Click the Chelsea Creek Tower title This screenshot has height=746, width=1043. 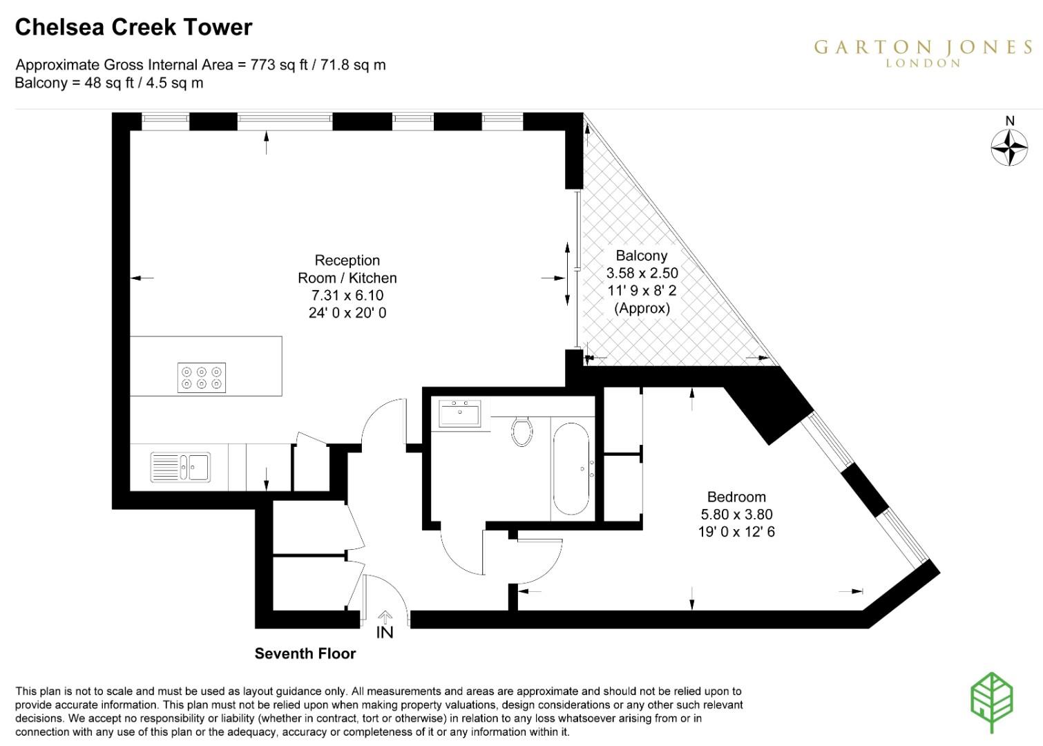pyautogui.click(x=133, y=27)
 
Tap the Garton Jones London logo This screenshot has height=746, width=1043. pyautogui.click(x=923, y=52)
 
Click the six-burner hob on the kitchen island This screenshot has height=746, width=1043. pyautogui.click(x=202, y=378)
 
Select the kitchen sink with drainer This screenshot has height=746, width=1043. pyautogui.click(x=180, y=467)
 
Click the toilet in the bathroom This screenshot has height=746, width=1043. pyautogui.click(x=522, y=431)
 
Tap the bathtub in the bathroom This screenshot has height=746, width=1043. pyautogui.click(x=571, y=469)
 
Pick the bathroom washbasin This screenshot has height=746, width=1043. pyautogui.click(x=459, y=414)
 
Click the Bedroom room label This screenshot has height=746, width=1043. pyautogui.click(x=736, y=497)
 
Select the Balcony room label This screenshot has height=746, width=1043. pyautogui.click(x=642, y=256)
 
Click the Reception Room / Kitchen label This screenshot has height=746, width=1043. pyautogui.click(x=347, y=269)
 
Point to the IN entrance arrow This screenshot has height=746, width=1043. pyautogui.click(x=385, y=624)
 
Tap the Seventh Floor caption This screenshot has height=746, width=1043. pyautogui.click(x=305, y=653)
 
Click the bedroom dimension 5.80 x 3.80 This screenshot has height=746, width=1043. pyautogui.click(x=736, y=515)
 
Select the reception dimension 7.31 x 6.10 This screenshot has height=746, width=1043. pyautogui.click(x=347, y=296)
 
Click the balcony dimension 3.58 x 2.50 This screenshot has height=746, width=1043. pyautogui.click(x=642, y=273)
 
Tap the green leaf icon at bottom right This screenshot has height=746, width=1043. pyautogui.click(x=992, y=700)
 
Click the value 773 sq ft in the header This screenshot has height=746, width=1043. pyautogui.click(x=274, y=65)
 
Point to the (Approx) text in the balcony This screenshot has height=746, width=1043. pyautogui.click(x=642, y=308)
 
